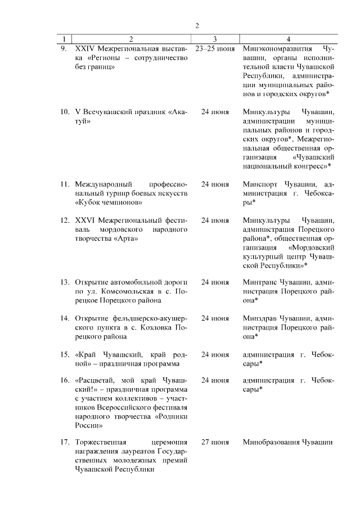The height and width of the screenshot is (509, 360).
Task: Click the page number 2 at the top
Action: [197, 25]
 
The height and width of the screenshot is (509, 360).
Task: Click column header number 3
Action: [215, 39]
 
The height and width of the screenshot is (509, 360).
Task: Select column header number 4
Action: [289, 39]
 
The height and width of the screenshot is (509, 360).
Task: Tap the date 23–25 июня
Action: [215, 48]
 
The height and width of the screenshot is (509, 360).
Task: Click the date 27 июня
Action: [215, 442]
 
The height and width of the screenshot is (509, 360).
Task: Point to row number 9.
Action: [64, 48]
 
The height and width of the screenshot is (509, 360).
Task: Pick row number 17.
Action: [65, 442]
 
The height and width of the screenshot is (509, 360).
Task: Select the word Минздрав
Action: [261, 318]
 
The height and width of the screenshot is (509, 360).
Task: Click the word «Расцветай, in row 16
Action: [97, 380]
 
